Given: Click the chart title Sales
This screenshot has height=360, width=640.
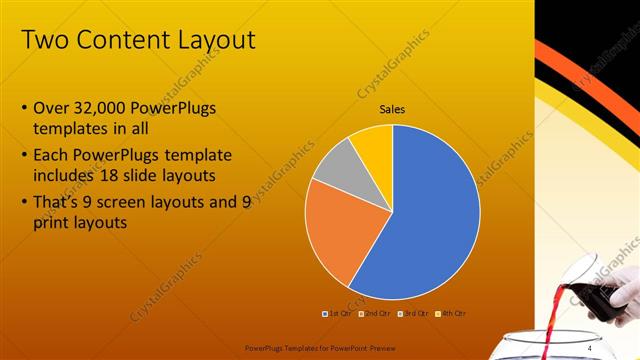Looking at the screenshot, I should [392, 109].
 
